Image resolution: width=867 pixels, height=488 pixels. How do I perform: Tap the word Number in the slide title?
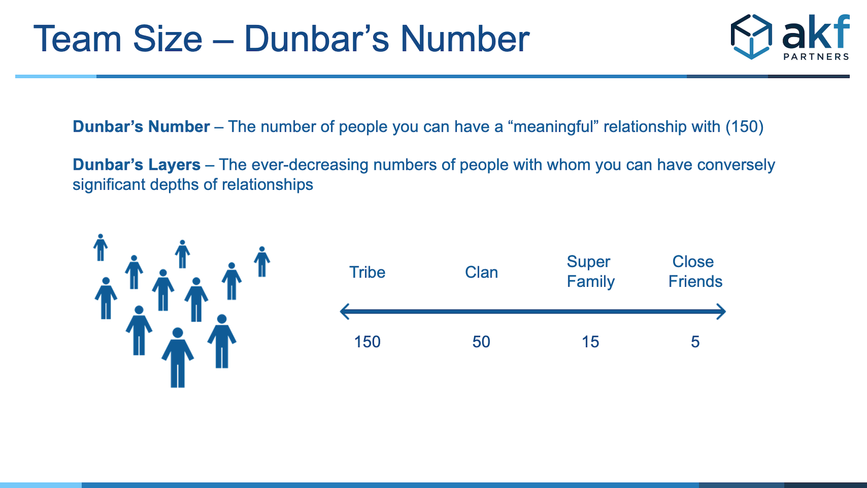[465, 38]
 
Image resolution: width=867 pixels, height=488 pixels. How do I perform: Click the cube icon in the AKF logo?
[751, 37]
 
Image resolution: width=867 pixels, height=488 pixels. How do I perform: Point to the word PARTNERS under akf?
[816, 56]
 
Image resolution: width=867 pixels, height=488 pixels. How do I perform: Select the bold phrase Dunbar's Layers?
[137, 165]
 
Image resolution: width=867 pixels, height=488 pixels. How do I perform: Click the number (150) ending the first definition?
[745, 127]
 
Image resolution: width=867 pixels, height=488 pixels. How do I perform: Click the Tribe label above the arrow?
[367, 272]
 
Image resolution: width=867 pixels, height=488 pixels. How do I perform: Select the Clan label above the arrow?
[481, 272]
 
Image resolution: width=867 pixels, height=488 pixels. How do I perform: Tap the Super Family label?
[591, 272]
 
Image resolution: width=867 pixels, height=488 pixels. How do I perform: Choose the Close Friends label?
[695, 272]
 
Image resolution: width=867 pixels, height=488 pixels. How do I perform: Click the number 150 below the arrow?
[367, 342]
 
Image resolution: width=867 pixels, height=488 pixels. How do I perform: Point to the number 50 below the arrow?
[481, 342]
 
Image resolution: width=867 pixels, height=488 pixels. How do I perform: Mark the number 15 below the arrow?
[590, 342]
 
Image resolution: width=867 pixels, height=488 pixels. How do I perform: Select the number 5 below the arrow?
[695, 342]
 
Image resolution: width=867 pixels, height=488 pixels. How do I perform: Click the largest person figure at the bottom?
[178, 357]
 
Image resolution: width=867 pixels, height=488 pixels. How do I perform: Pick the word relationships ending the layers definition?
[267, 185]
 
